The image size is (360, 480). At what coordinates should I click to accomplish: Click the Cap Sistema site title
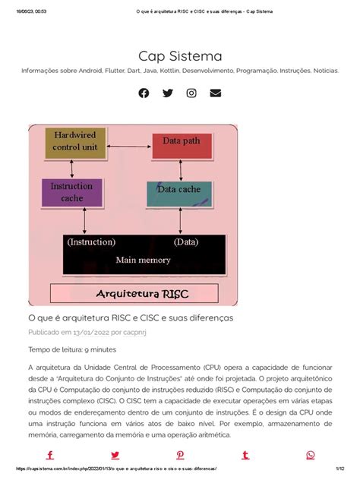click(x=180, y=56)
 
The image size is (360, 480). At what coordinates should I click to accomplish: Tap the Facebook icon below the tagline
click(x=144, y=93)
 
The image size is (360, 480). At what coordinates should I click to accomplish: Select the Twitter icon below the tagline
click(x=168, y=93)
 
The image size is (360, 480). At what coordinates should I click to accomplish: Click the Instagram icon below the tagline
click(x=191, y=93)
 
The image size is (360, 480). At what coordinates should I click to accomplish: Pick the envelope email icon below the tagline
click(x=216, y=93)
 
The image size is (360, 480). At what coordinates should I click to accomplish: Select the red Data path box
click(x=181, y=141)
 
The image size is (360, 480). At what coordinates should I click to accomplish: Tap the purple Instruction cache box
click(x=72, y=192)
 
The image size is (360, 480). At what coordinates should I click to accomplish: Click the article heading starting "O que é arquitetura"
click(x=131, y=317)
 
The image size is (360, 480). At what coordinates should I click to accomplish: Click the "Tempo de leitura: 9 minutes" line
click(x=72, y=349)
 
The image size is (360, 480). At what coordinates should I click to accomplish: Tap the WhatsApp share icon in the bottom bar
click(x=310, y=455)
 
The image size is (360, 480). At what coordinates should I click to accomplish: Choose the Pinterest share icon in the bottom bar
click(x=180, y=455)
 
